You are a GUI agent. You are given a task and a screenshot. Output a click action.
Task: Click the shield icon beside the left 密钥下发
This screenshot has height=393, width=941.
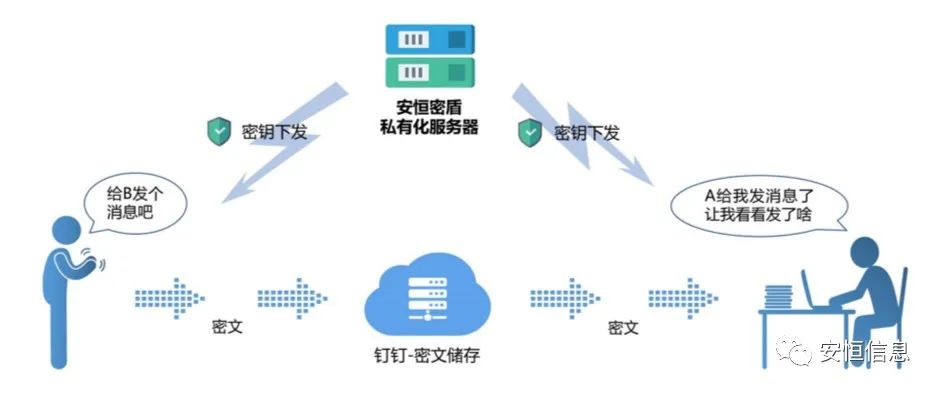[x=219, y=131]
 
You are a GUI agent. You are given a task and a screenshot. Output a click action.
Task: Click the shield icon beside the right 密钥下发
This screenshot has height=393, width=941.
[x=530, y=131]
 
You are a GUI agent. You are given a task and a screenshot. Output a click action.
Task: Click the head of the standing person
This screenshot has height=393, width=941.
[x=68, y=229]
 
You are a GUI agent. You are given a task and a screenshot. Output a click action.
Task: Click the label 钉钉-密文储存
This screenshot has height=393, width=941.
[x=429, y=355]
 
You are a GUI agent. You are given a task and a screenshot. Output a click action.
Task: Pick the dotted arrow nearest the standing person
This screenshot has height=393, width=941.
[x=170, y=297]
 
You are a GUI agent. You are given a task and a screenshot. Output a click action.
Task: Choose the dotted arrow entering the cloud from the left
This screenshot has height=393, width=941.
[x=293, y=297]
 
